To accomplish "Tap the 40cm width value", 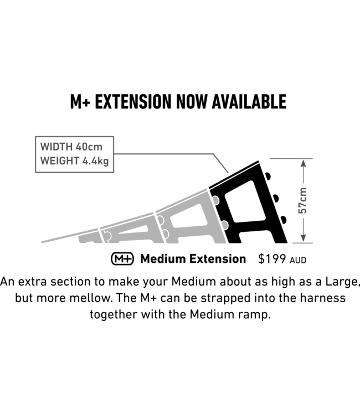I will [x=91, y=148].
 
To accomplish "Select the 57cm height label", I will [x=303, y=200].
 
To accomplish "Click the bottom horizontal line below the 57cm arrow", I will [x=302, y=242].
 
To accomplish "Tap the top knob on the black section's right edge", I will [x=268, y=177].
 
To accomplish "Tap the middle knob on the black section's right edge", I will [x=276, y=199].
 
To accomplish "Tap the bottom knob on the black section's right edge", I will [x=284, y=220].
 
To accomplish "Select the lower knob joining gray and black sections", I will [x=224, y=225].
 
